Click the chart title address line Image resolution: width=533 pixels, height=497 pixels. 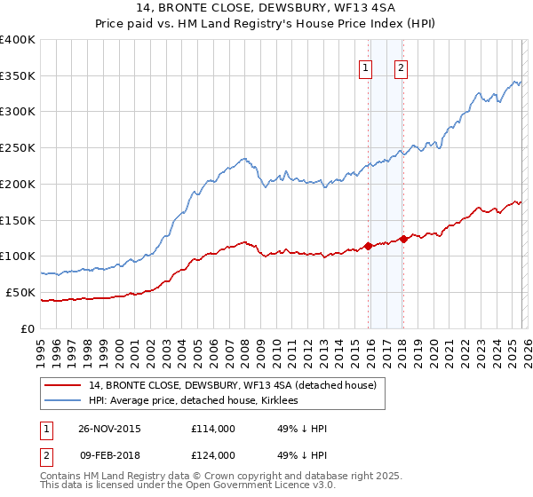tap(266, 9)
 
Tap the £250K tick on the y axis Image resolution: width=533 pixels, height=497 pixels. tap(18, 148)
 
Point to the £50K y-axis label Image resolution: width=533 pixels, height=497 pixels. tap(20, 292)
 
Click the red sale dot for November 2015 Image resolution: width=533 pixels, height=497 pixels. tap(369, 246)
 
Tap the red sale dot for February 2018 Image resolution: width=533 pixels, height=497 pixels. tap(403, 239)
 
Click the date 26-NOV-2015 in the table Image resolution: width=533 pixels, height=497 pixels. tap(108, 429)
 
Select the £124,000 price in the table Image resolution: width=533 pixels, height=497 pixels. tap(212, 455)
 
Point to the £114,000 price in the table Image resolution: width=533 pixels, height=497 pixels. tap(212, 429)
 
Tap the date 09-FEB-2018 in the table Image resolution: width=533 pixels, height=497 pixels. tap(108, 455)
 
